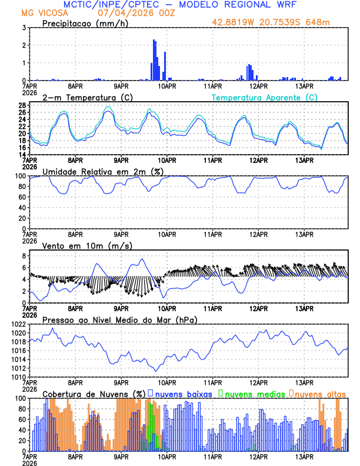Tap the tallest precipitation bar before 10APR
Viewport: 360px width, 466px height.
click(154, 59)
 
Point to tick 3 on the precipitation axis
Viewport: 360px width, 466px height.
click(23, 28)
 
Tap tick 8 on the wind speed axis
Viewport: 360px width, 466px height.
click(23, 256)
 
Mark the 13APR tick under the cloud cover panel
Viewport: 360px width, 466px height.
click(304, 457)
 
